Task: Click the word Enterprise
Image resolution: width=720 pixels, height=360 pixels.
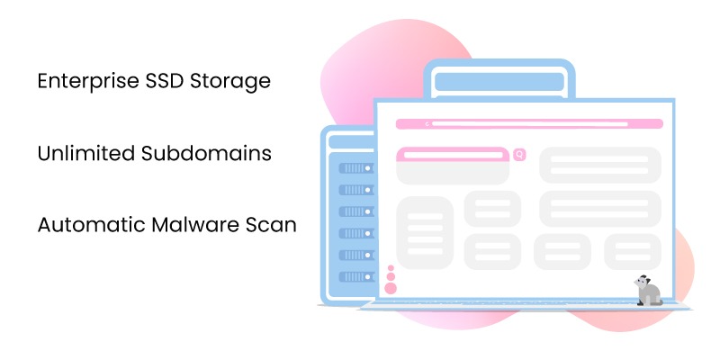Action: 85,81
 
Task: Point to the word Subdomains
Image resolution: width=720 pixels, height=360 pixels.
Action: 206,153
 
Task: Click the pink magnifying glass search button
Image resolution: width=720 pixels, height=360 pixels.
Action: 519,155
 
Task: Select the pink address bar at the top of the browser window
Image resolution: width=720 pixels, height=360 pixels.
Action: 526,123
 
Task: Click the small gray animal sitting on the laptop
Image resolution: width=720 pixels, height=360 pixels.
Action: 647,291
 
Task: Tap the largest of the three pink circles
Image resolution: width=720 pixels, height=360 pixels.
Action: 391,288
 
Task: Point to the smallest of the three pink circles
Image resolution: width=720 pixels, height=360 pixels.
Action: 391,268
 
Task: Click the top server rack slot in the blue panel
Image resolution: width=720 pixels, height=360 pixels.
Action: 355,168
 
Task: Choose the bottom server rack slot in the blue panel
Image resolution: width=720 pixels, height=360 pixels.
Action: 355,276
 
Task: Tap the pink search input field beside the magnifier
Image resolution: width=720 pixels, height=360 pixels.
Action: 453,155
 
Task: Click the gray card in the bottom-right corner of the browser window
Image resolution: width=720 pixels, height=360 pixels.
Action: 633,251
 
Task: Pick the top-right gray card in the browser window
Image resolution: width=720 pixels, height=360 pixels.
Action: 600,165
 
